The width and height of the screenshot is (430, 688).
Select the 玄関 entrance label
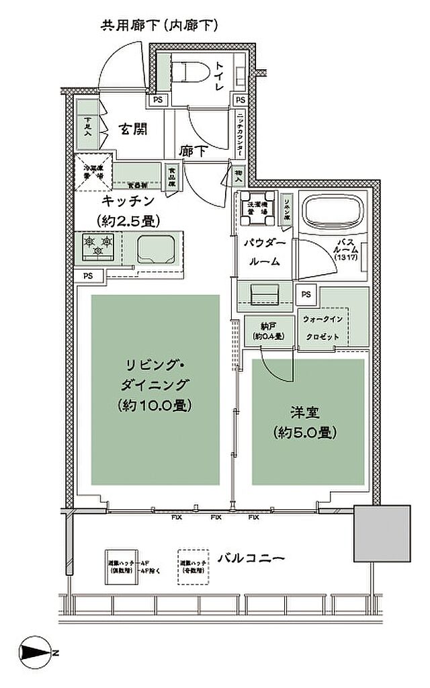[134, 129]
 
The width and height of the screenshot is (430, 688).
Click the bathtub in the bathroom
[334, 214]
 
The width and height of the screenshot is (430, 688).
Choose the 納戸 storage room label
[261, 327]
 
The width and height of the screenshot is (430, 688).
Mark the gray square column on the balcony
[382, 533]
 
